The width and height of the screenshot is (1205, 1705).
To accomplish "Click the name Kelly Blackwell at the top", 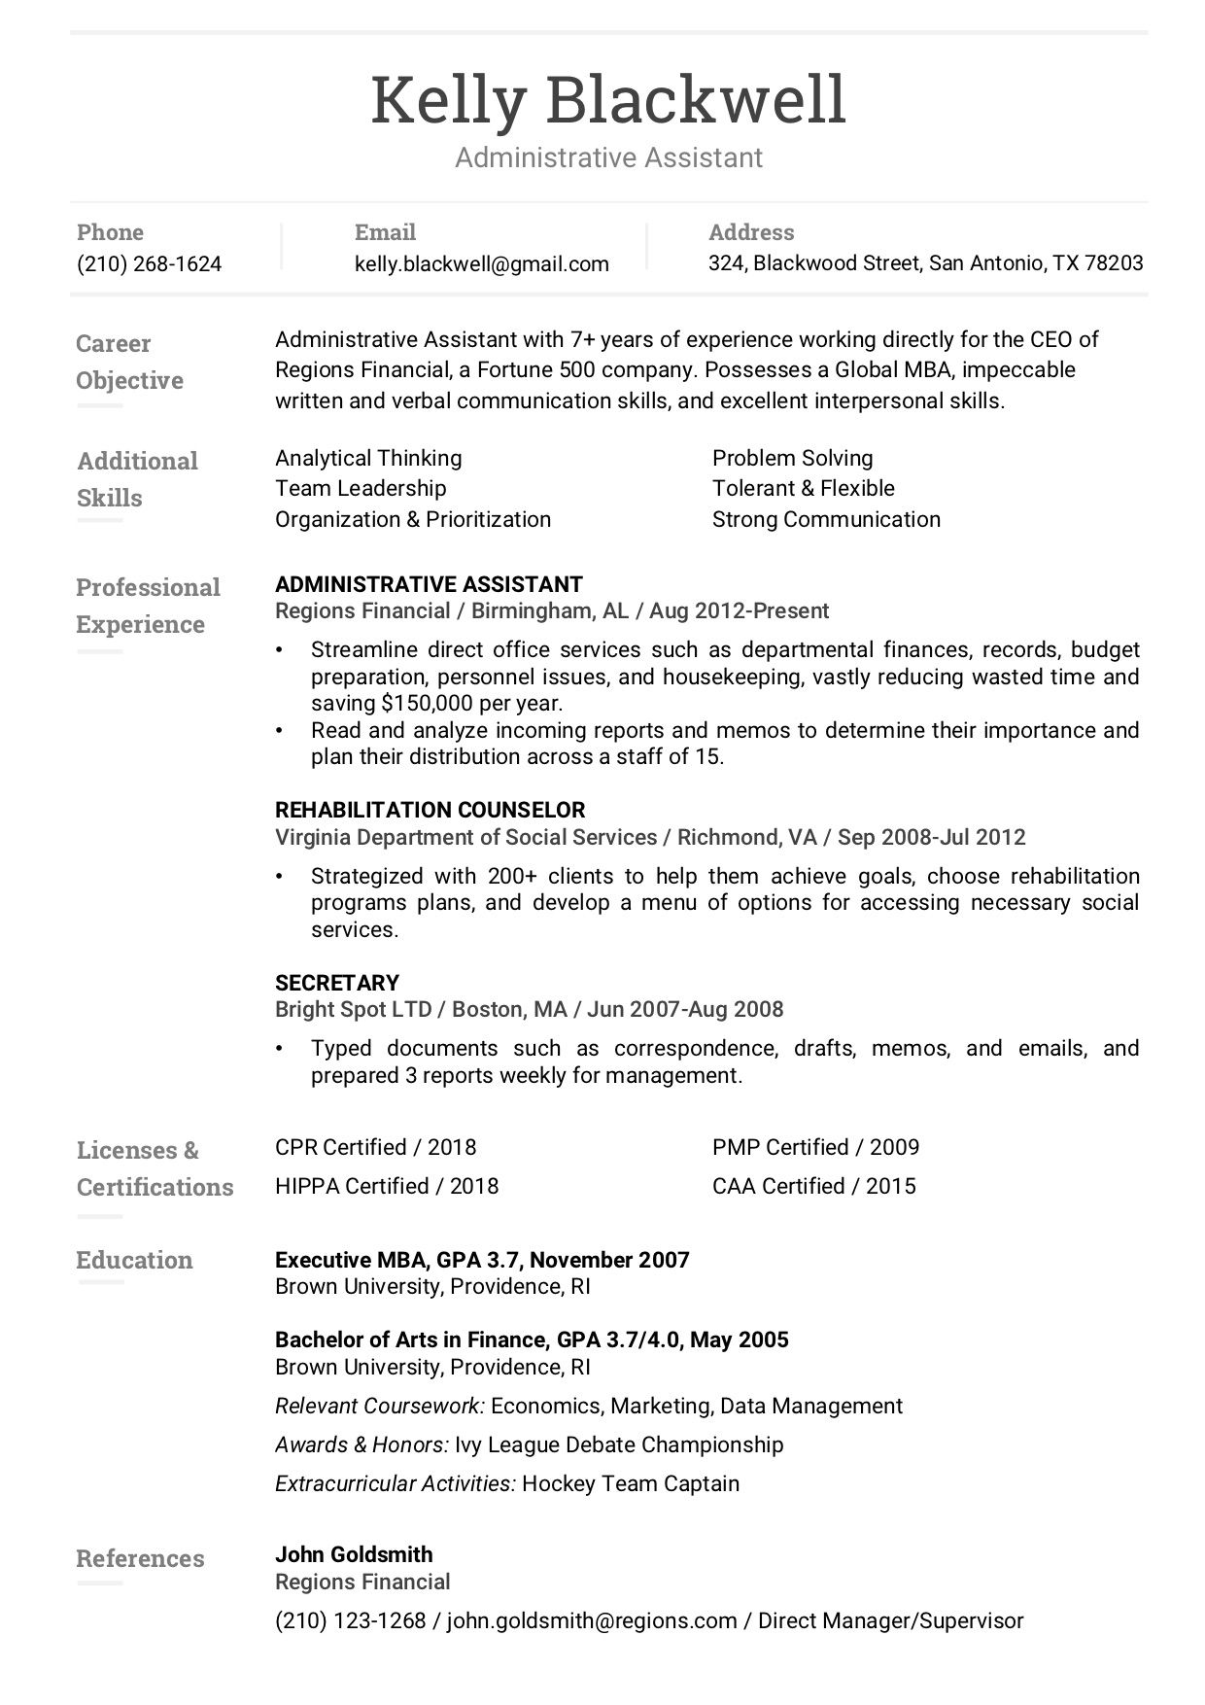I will click(608, 100).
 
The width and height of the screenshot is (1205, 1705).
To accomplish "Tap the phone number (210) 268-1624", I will click(149, 263).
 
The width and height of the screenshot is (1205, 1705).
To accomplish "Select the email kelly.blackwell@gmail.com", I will click(481, 263).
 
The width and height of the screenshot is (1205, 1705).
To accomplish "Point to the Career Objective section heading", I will click(128, 362).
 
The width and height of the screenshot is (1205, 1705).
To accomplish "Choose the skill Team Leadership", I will click(361, 488).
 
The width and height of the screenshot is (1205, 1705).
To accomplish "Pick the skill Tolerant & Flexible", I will click(803, 488).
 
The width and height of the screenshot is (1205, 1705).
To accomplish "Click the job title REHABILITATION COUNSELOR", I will click(430, 810).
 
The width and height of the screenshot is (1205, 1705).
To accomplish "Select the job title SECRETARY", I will click(337, 982).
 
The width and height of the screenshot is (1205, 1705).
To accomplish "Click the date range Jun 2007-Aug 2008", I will click(685, 1009).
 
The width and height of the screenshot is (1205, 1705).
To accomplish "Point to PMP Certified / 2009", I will click(815, 1147).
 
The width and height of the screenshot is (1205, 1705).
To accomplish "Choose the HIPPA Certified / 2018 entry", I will click(386, 1186).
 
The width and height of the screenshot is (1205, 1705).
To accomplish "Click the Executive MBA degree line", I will click(482, 1260).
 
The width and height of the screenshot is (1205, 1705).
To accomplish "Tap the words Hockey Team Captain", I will click(631, 1483).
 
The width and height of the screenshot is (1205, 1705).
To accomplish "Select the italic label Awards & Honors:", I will click(361, 1444).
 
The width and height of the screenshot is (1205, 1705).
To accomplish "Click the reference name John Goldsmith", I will click(354, 1554).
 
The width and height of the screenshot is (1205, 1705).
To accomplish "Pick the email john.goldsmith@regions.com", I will click(591, 1620).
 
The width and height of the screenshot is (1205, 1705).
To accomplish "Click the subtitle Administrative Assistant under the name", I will click(608, 157).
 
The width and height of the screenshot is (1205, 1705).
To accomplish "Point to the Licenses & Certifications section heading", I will click(155, 1168).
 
